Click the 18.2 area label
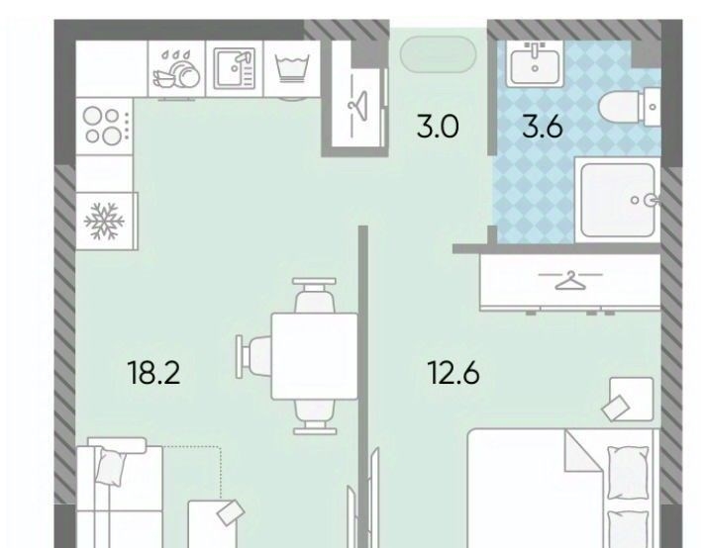[x=154, y=373]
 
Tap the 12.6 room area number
[x=454, y=373]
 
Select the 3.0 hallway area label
[x=438, y=127]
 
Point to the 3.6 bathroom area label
[x=543, y=127]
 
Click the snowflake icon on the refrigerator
[x=104, y=221]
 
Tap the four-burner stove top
[x=105, y=127]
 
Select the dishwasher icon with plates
[x=176, y=69]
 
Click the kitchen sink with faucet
[x=235, y=68]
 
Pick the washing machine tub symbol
[x=292, y=68]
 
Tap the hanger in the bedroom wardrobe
[x=570, y=280]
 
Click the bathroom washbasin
[x=535, y=64]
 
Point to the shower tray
[x=618, y=200]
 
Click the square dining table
[x=314, y=356]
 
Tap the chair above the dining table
[x=314, y=295]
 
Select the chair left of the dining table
[x=254, y=356]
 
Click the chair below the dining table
[x=315, y=416]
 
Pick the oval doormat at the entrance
[x=438, y=53]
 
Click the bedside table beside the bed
[x=632, y=400]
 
